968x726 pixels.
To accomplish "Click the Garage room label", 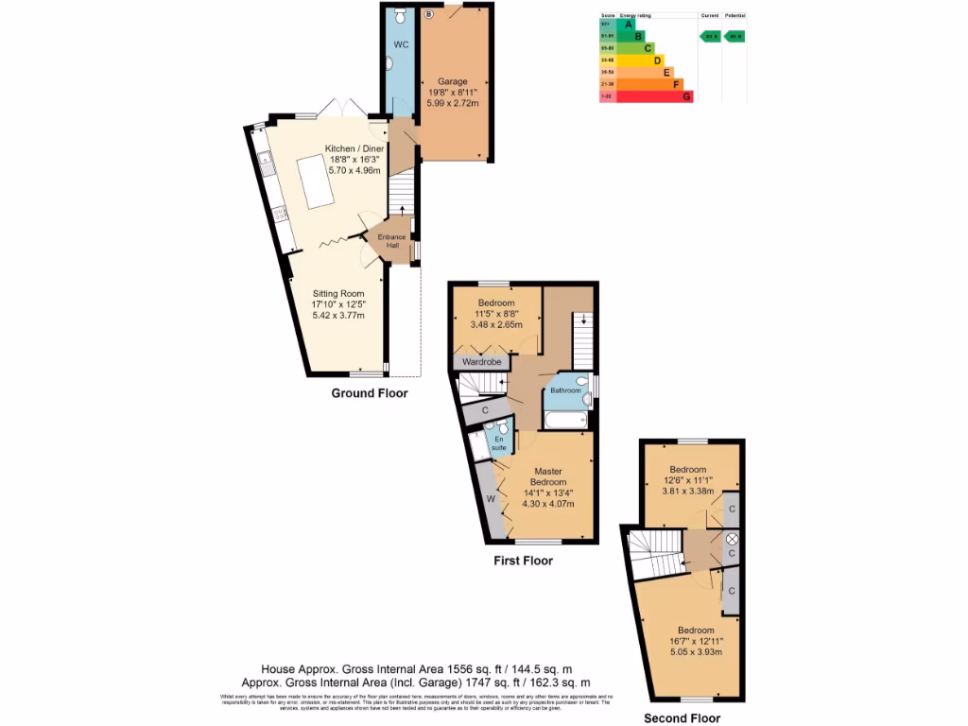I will (x=453, y=82).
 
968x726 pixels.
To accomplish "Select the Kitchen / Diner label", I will (x=354, y=149).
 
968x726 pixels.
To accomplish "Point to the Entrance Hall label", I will (x=391, y=241).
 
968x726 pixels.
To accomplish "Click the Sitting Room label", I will (x=338, y=294).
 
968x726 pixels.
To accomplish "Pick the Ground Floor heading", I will (x=370, y=393).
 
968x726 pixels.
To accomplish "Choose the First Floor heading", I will (x=523, y=561).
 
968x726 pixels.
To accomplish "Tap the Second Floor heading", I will (x=683, y=718).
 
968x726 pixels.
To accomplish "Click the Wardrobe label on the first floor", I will (x=481, y=362).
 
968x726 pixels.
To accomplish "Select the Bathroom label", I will (x=565, y=390).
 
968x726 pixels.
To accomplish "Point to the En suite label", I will (x=498, y=442).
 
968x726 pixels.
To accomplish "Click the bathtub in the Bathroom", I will (x=565, y=420).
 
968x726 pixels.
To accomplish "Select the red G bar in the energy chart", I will (x=654, y=95).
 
